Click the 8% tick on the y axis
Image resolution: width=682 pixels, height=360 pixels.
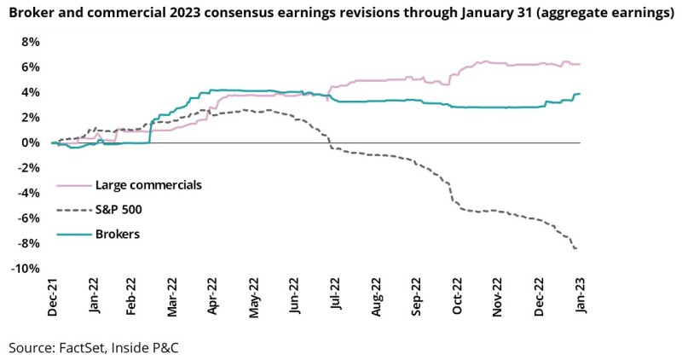click(31, 42)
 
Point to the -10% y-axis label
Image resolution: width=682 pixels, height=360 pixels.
click(26, 269)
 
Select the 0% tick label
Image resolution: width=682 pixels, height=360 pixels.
click(31, 142)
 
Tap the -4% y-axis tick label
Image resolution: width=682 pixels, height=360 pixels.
click(29, 193)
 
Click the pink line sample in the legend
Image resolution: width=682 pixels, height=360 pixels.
click(75, 183)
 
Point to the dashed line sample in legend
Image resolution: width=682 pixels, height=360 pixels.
click(75, 209)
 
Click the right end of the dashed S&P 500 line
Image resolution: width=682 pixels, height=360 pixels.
click(579, 248)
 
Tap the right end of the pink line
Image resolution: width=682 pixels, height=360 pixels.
click(580, 64)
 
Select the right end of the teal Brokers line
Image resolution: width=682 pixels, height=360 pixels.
click(580, 94)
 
